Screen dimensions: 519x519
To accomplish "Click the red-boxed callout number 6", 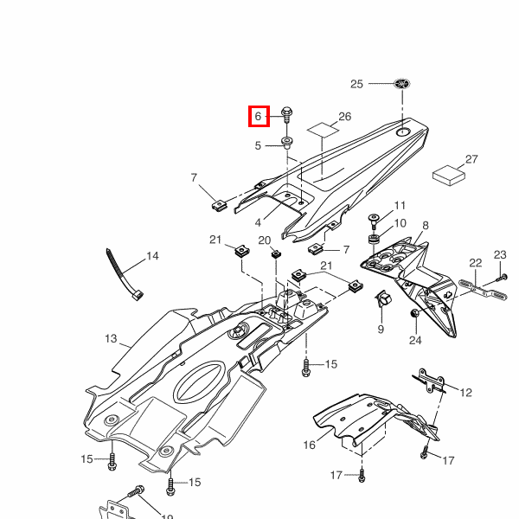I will point(258,115).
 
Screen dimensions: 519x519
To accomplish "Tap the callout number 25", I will point(357,84).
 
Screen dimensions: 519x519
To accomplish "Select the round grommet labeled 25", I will point(401,84).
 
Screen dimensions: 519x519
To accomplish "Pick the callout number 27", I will point(471,160).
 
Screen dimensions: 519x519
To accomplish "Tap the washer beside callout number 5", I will point(286,142).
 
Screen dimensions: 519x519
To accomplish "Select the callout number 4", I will point(258,222).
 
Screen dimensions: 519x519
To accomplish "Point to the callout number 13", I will point(110,338).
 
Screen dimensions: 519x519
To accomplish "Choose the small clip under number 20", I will point(275,253).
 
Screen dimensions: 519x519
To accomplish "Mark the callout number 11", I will point(399,206).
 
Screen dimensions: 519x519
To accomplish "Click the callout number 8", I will point(425,226).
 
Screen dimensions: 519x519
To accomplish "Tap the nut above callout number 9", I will point(381,300).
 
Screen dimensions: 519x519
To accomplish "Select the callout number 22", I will point(475,263).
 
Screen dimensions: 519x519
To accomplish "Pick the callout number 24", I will point(414,341).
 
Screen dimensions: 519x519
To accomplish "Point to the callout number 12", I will point(465,393).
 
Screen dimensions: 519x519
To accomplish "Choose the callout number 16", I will point(309,445).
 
